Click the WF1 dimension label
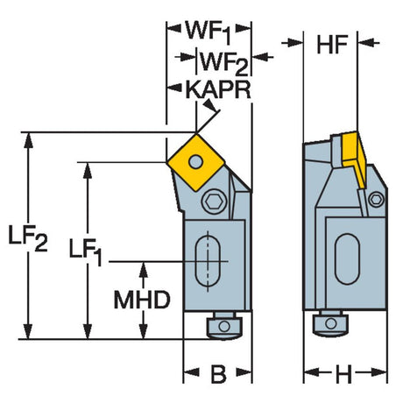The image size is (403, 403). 209,32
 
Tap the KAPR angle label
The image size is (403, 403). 218,90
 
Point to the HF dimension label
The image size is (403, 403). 332,45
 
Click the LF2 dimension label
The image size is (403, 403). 27,238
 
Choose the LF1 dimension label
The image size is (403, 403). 85,251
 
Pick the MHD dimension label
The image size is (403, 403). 142,300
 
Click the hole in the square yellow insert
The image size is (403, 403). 195,161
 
